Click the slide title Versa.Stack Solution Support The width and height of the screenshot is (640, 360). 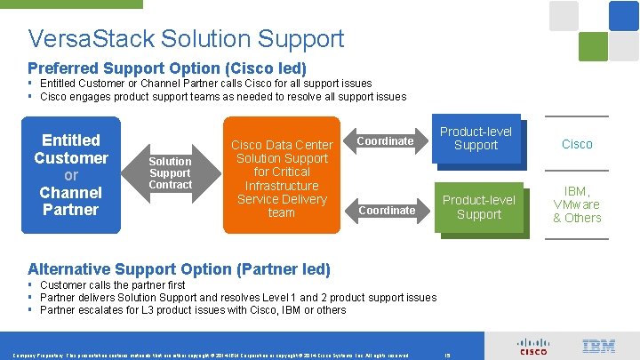pyautogui.click(x=186, y=39)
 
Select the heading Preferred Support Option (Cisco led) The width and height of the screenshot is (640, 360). pyautogui.click(x=167, y=68)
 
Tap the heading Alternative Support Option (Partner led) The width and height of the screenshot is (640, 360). pyautogui.click(x=179, y=268)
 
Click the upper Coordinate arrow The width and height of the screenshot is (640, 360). pyautogui.click(x=386, y=140)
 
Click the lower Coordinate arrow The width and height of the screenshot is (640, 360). pyautogui.click(x=386, y=210)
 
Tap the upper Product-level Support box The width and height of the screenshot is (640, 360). pyautogui.click(x=476, y=139)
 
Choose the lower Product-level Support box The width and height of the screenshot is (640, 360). pyautogui.click(x=478, y=207)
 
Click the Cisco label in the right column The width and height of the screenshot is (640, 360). pyautogui.click(x=576, y=144)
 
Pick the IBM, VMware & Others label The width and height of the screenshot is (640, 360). pyautogui.click(x=576, y=204)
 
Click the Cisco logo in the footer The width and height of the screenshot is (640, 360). pyautogui.click(x=533, y=346)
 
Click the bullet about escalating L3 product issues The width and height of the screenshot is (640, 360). pyautogui.click(x=193, y=310)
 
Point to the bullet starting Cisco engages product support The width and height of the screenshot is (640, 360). pyautogui.click(x=222, y=96)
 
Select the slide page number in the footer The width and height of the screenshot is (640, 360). pyautogui.click(x=446, y=355)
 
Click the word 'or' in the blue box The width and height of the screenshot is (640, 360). pyautogui.click(x=70, y=175)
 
